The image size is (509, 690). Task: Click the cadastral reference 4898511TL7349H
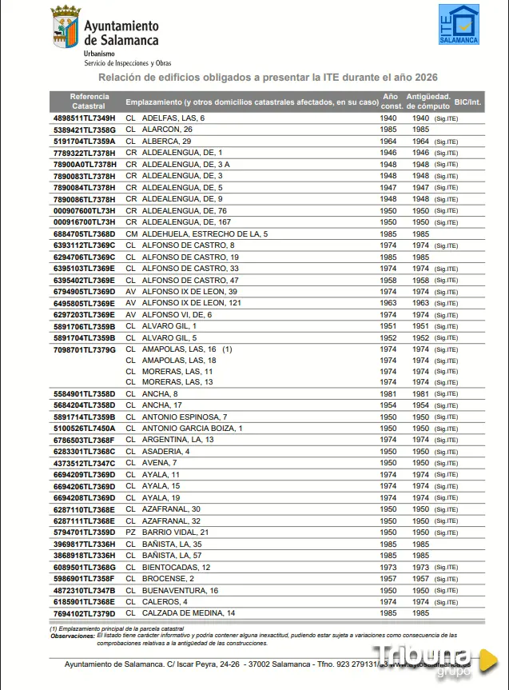tap(84, 118)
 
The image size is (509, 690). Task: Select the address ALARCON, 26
tap(167, 129)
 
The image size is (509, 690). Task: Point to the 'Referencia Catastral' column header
tap(89, 101)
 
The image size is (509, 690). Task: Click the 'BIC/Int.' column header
tap(467, 102)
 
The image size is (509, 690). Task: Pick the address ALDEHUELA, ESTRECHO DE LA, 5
tap(205, 233)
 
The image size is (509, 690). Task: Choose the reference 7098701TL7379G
tap(84, 349)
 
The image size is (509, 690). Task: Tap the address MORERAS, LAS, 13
tap(177, 382)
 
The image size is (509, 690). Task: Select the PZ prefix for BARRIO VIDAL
tap(131, 532)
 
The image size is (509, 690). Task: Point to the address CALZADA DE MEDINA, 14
tap(189, 613)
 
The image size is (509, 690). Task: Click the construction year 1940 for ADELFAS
tap(388, 118)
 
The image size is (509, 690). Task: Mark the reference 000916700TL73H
tap(84, 221)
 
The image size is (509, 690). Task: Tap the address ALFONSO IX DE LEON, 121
tap(191, 303)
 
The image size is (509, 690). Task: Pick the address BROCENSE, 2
tap(168, 578)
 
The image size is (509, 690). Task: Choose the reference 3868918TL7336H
tap(84, 555)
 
